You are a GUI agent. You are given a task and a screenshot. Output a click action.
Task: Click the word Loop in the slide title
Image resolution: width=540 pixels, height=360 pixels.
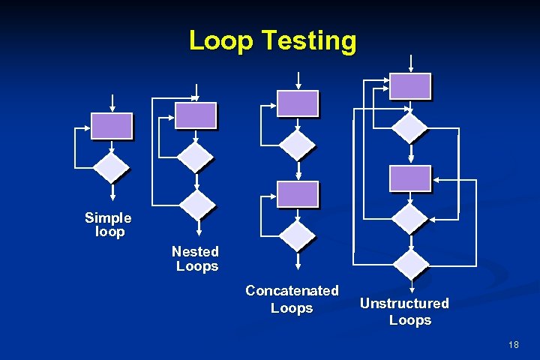point(221,40)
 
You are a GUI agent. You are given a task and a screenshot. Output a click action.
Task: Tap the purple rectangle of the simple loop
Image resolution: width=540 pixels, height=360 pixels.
point(112,126)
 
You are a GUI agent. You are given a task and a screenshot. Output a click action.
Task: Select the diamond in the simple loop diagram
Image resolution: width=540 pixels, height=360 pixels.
point(111,168)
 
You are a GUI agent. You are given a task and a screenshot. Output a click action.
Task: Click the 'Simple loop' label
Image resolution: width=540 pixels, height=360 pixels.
point(108,224)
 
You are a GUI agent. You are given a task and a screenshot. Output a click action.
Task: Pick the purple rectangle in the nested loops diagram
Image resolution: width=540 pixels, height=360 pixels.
point(196,115)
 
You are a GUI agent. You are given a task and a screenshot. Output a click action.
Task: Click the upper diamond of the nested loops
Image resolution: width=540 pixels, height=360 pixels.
point(196,157)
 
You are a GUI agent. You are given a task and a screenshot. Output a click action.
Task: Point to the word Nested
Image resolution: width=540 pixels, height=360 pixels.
point(195,251)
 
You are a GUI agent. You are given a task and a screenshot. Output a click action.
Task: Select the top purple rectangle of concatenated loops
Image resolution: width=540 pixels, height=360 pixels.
point(298,103)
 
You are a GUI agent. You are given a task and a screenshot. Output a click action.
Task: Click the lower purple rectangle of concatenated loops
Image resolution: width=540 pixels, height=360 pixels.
point(298,194)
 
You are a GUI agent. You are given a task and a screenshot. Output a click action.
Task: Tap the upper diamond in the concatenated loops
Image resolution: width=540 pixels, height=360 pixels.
point(298,145)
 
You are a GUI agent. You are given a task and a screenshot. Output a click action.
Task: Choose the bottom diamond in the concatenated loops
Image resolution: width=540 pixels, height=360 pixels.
point(298,236)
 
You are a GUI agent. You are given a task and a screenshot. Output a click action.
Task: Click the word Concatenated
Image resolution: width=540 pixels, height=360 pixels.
point(292,290)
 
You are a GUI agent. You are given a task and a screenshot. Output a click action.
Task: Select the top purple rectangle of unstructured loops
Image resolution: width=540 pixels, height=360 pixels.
point(410,86)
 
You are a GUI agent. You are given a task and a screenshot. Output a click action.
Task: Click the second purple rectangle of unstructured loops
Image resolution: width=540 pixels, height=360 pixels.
point(410,178)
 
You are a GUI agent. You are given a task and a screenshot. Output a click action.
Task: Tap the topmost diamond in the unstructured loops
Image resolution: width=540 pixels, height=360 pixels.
point(410,127)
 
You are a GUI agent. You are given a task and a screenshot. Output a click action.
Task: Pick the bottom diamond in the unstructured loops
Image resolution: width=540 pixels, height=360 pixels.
point(410,264)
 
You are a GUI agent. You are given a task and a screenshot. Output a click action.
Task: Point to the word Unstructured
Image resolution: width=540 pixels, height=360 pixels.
point(404,303)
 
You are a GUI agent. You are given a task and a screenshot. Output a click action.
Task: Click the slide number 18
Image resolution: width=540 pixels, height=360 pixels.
point(513,344)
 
